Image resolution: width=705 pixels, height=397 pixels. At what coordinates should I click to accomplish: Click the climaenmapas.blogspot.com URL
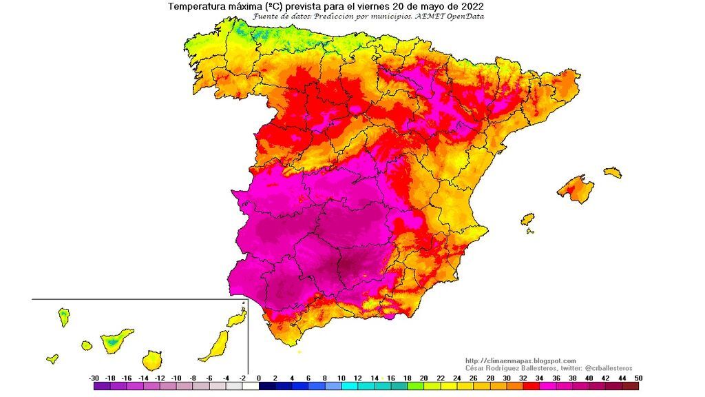pyautogui.click(x=520, y=360)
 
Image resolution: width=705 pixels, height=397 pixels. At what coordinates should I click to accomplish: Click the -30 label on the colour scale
pyautogui.click(x=94, y=378)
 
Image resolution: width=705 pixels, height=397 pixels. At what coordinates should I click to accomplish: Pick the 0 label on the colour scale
pyautogui.click(x=259, y=378)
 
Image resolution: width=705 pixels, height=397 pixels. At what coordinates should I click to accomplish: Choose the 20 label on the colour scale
pyautogui.click(x=424, y=378)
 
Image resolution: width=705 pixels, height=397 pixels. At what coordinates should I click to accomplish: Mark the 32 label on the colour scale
pyautogui.click(x=523, y=378)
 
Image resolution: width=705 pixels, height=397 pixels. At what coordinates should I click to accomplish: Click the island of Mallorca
pyautogui.click(x=575, y=187)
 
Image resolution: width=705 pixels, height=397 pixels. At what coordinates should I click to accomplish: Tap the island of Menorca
pyautogui.click(x=612, y=172)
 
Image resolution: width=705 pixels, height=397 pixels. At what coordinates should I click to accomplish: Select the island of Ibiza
pyautogui.click(x=528, y=219)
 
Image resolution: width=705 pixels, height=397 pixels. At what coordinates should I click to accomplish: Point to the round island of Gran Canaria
pyautogui.click(x=152, y=360)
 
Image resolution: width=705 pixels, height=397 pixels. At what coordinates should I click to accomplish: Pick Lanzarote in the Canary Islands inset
pyautogui.click(x=237, y=318)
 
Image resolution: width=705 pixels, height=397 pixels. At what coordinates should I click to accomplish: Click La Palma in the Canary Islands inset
pyautogui.click(x=63, y=317)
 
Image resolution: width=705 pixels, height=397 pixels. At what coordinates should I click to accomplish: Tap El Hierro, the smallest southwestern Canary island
pyautogui.click(x=52, y=358)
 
